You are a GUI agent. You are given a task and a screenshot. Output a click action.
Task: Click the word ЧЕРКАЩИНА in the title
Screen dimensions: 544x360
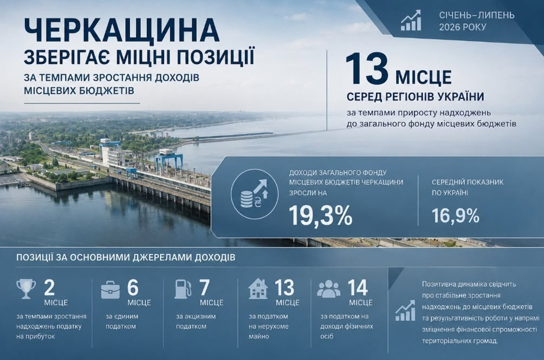click(x=122, y=31)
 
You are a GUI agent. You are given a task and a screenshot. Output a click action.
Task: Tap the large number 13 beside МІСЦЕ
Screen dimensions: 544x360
click(x=367, y=69)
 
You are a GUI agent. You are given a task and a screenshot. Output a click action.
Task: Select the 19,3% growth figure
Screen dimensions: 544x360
click(x=321, y=215)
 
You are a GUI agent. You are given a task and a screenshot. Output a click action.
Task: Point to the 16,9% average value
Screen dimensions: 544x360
click(x=456, y=215)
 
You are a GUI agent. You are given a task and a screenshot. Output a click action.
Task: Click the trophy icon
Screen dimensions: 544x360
click(x=26, y=289)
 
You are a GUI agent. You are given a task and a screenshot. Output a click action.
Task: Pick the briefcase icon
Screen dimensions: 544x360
click(x=111, y=290)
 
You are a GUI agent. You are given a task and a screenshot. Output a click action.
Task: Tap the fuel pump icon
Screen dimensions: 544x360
click(x=183, y=289)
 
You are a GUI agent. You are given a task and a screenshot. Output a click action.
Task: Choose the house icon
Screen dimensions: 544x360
click(x=258, y=289)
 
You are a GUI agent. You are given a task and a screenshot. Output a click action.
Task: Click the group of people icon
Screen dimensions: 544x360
click(x=329, y=289)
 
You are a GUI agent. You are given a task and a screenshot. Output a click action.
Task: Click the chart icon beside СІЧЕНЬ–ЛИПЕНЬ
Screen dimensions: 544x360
click(x=411, y=21)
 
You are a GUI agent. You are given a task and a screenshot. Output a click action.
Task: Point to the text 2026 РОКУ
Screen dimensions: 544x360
click(x=463, y=27)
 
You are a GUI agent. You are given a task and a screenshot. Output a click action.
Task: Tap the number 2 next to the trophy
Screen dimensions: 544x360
click(x=50, y=287)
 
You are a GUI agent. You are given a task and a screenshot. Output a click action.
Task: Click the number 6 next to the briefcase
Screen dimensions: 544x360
click(x=133, y=287)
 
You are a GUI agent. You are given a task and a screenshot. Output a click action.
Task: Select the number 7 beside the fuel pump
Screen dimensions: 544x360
click(x=204, y=287)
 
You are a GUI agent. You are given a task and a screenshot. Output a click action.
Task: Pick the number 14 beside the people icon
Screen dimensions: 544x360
click(x=358, y=287)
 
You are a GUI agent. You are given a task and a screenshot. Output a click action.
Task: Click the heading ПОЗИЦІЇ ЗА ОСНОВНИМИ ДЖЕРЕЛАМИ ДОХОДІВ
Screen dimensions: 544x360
click(x=126, y=258)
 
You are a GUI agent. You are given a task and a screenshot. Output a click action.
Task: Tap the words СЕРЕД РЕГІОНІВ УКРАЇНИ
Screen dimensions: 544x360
click(x=415, y=96)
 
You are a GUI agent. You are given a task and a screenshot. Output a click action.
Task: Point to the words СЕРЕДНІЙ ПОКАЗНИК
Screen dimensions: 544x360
click(x=467, y=182)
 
